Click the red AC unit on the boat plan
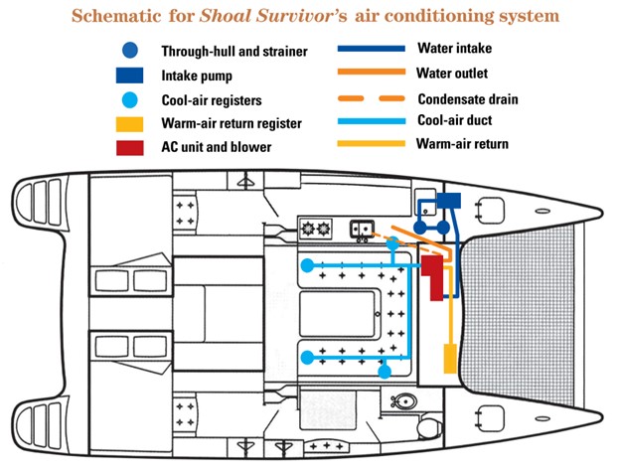click(x=433, y=277)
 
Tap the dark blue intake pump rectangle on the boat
click(x=451, y=200)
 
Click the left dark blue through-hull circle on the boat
click(x=420, y=227)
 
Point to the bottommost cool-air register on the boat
click(x=386, y=371)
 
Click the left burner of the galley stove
click(x=307, y=230)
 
